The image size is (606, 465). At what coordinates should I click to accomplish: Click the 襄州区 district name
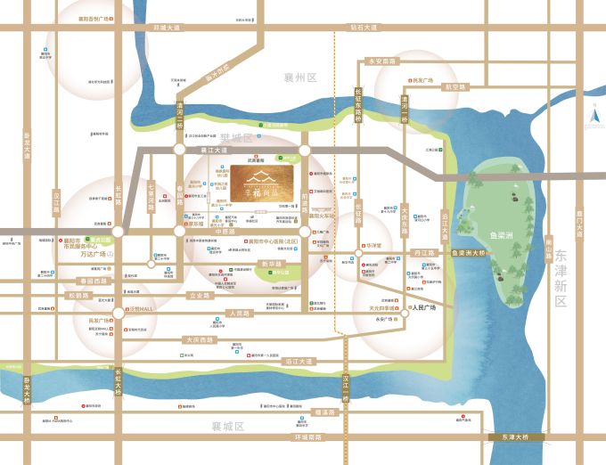(x=299, y=77)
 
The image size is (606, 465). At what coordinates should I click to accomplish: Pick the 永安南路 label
(x=381, y=61)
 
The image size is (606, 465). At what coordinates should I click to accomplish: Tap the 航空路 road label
(x=455, y=87)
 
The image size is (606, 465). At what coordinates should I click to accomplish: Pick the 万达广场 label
(x=93, y=254)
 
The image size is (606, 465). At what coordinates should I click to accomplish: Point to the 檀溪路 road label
(x=326, y=412)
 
